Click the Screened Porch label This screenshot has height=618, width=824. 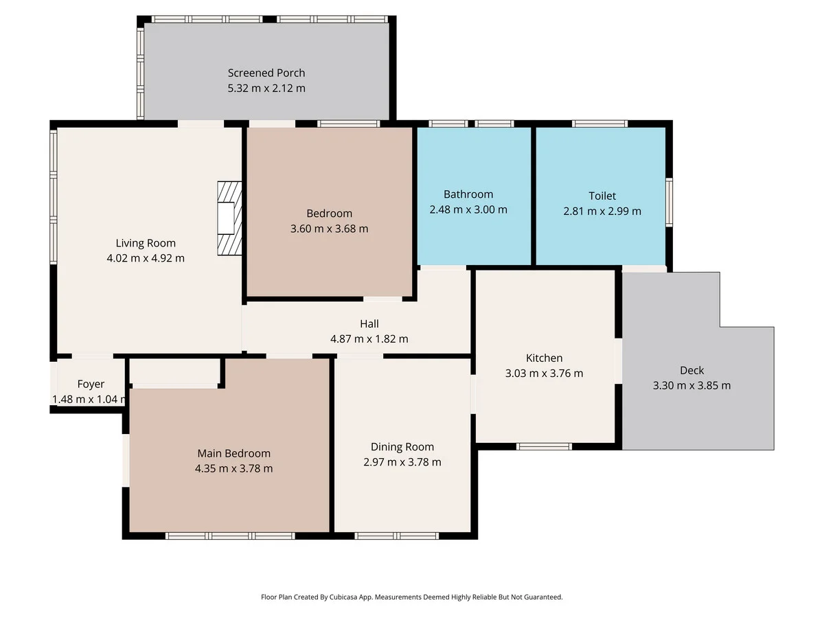(266, 73)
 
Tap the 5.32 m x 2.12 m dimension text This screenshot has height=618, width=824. (266, 88)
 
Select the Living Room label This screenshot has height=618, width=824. (146, 243)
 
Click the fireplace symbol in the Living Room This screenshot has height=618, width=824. (229, 218)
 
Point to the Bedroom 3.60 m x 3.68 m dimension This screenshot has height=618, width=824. (330, 229)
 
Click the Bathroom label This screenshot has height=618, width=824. (468, 194)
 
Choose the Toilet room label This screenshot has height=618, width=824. (602, 196)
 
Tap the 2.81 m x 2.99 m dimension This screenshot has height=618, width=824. (602, 211)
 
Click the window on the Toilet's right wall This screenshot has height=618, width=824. (669, 201)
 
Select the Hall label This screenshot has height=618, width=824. (369, 323)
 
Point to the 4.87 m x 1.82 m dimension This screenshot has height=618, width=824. (369, 339)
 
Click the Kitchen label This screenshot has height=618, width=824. (544, 358)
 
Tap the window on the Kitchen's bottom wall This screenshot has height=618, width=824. (544, 446)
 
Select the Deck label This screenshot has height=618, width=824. (691, 370)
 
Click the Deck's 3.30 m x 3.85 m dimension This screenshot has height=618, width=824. (691, 385)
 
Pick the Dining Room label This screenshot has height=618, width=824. (402, 446)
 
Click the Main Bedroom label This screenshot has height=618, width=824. (233, 453)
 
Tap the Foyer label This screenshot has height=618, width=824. (91, 384)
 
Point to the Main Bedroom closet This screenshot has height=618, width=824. (174, 372)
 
